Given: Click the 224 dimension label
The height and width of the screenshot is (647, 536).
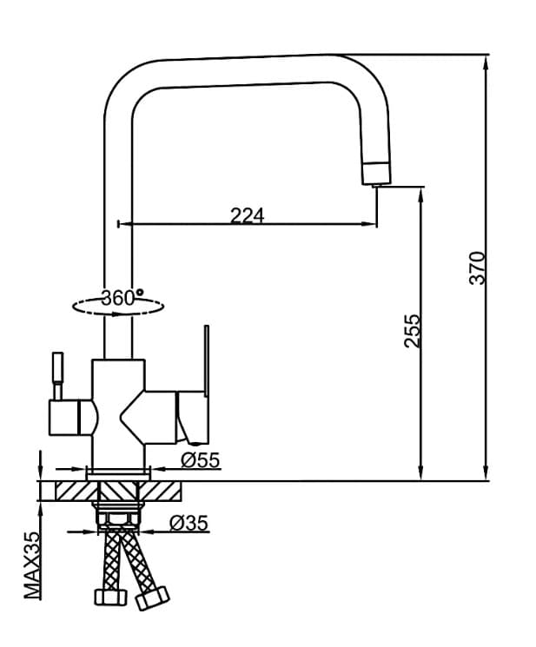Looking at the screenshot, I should (247, 215).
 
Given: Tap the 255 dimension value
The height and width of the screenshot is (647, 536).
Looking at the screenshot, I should (413, 331).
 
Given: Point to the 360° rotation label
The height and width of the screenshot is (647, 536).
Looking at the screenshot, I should (122, 297).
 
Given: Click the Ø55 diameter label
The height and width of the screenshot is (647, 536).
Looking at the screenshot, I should (200, 460).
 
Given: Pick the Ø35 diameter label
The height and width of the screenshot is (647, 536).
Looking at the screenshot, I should (189, 523).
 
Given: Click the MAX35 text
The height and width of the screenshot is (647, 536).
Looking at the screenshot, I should (32, 565).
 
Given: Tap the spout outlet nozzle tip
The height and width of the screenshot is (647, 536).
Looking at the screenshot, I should (376, 175).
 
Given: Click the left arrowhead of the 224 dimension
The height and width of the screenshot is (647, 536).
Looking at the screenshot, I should (122, 225).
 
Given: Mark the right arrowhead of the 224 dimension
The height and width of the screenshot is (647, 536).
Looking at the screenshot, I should (372, 225).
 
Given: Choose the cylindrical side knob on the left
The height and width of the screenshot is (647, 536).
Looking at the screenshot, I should (69, 418).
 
